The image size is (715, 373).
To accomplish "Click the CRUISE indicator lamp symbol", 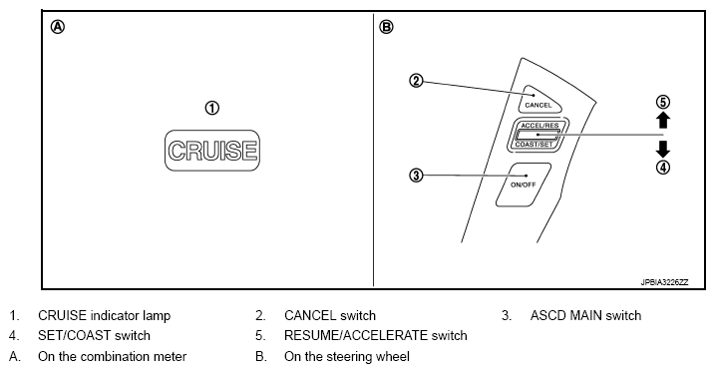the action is tap(212, 151).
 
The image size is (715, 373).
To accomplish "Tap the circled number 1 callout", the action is tap(212, 108).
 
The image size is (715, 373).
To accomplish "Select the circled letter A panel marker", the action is tap(58, 27).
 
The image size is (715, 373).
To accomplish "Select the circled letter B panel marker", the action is tap(386, 27).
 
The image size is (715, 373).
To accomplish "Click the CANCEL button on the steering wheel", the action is tap(539, 100).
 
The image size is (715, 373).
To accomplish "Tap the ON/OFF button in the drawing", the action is tap(524, 185).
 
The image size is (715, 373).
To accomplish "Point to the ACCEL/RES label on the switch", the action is tap(539, 126).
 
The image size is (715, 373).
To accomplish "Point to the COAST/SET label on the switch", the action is tap(534, 144).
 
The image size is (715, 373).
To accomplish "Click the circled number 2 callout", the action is tap(416, 81).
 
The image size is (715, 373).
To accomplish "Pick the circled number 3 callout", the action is tap(416, 176).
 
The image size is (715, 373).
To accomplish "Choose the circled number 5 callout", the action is tap(663, 102).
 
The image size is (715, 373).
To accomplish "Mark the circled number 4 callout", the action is tap(663, 168).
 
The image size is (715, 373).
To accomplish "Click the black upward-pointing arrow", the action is tap(663, 121).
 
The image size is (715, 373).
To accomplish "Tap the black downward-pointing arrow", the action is tap(663, 150).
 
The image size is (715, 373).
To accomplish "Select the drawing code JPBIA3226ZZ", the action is tap(664, 282).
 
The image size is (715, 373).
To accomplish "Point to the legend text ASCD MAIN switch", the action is tap(585, 315).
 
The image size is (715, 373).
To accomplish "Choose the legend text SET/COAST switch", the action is tap(94, 336).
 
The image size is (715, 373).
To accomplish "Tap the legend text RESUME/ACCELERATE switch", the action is tap(375, 336).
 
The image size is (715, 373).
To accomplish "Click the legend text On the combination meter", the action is tap(112, 357).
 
